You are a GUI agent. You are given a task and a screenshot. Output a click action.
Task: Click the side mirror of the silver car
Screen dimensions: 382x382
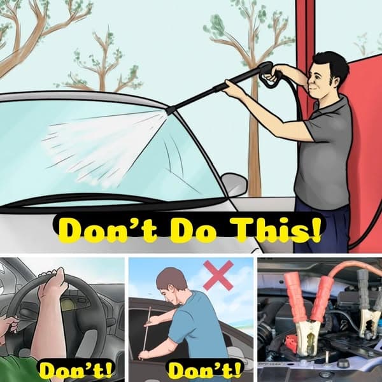(234, 184)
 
